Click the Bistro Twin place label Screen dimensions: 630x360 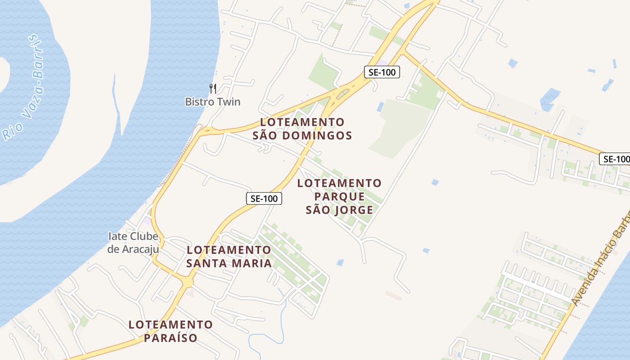(x=213, y=102)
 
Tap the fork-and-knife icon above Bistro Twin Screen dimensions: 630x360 (x=213, y=88)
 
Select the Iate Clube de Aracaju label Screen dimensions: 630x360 (x=133, y=243)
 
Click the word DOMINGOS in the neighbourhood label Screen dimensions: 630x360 (x=315, y=135)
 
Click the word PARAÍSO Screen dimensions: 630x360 (x=171, y=337)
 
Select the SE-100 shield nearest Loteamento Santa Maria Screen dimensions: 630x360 (x=264, y=198)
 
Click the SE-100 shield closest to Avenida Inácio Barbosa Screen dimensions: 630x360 (x=615, y=159)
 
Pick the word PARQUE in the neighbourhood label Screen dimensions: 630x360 (x=339, y=197)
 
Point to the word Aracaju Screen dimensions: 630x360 (x=140, y=249)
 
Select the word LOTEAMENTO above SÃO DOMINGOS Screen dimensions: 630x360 (x=302, y=122)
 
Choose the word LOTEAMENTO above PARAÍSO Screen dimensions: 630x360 (x=171, y=324)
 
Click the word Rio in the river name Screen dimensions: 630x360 (x=9, y=131)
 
